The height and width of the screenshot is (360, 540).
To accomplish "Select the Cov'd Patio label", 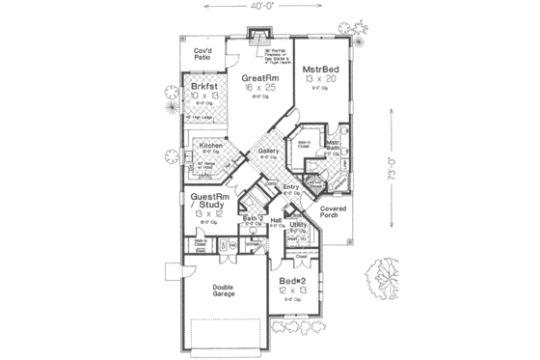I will (x=202, y=54).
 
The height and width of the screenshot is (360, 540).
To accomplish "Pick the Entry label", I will (x=290, y=186).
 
